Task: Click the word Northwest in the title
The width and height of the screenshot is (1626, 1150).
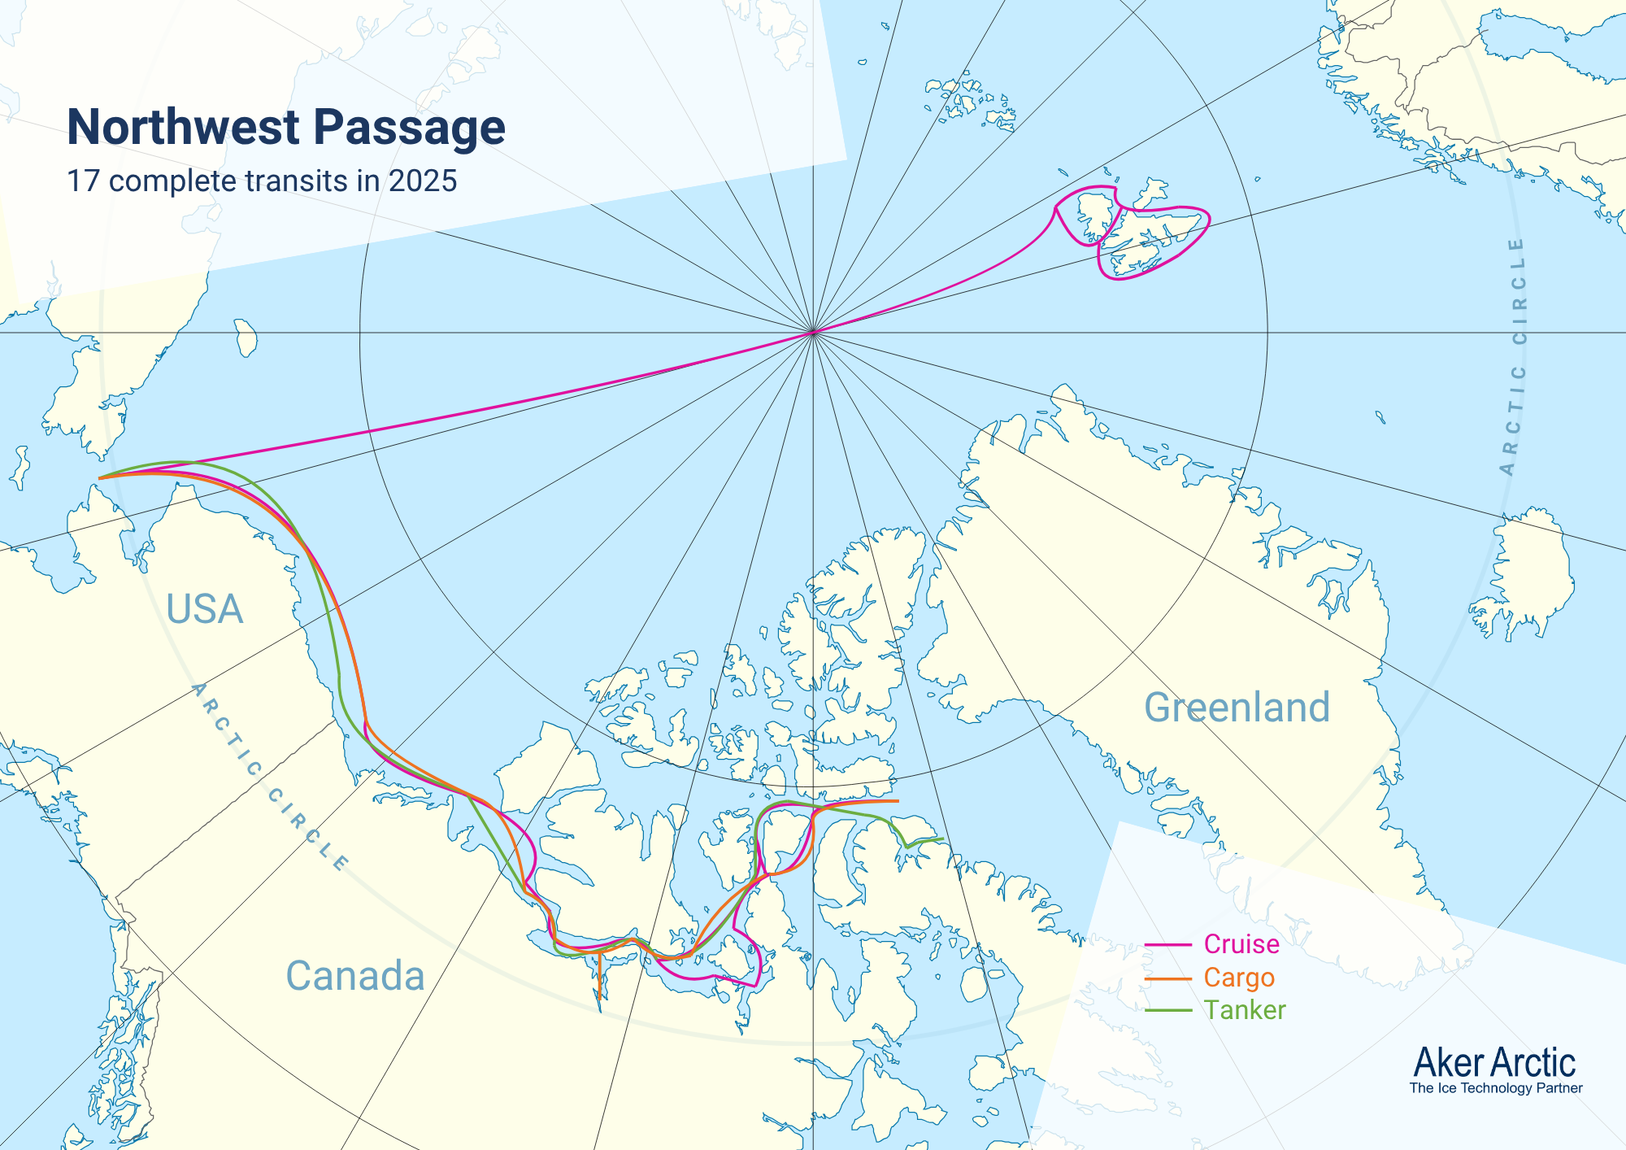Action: [184, 128]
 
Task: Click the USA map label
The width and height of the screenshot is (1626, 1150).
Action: [204, 609]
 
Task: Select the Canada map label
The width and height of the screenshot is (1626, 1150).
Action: [355, 976]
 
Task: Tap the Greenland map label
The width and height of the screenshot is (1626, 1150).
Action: [1237, 707]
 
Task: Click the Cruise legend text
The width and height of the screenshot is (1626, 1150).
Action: [1241, 944]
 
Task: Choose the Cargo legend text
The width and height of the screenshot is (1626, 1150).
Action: [1239, 978]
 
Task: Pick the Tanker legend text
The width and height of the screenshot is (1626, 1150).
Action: [1245, 1010]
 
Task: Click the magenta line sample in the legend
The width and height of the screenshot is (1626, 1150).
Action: [1168, 945]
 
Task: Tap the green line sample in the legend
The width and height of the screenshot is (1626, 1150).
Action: [1168, 1011]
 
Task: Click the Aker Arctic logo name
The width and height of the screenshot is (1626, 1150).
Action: [1494, 1062]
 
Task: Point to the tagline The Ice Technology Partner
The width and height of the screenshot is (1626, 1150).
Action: [1496, 1088]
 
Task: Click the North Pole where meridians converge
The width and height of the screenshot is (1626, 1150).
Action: [813, 333]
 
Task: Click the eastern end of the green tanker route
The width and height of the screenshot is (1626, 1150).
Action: [942, 839]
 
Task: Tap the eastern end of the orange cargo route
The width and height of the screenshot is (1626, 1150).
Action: [898, 801]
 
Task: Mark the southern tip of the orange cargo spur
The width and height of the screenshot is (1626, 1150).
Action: [599, 998]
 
